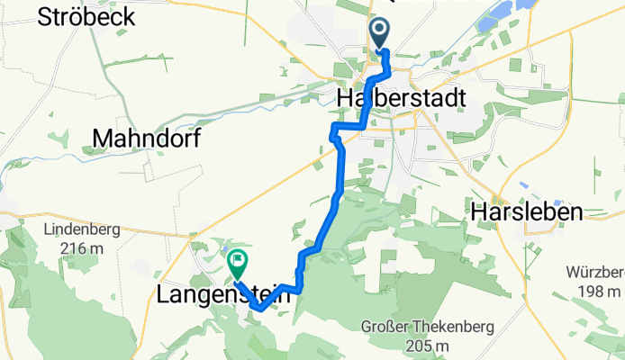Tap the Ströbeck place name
coord(86,15)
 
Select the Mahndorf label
coord(146,138)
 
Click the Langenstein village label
coord(224,294)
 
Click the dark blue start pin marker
coord(380,33)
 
